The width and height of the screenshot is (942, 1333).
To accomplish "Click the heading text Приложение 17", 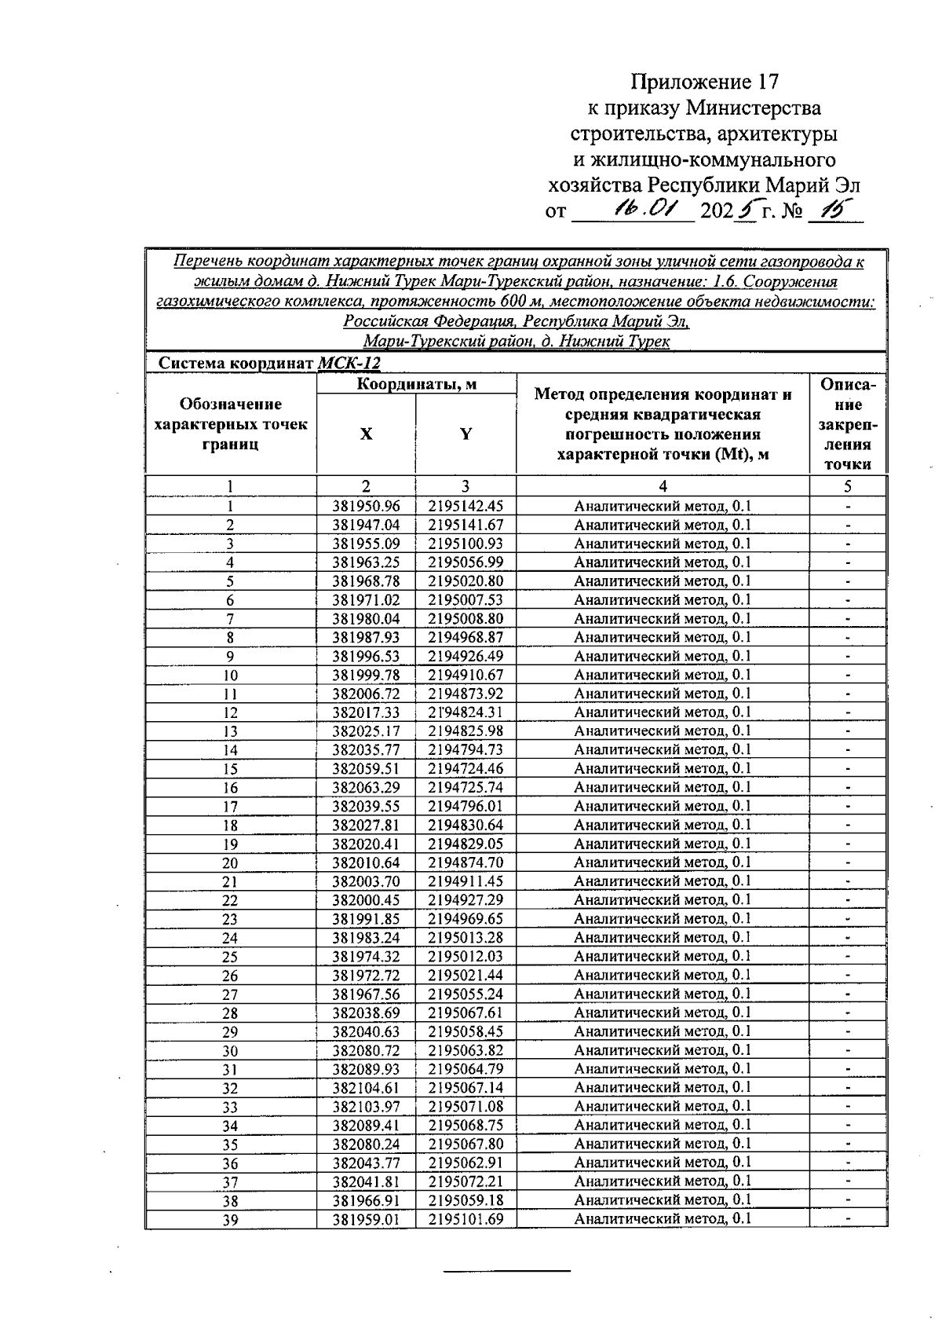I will click(x=705, y=82).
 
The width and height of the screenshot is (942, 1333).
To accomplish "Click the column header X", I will click(x=366, y=434).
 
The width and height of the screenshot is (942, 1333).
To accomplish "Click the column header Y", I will click(x=466, y=434).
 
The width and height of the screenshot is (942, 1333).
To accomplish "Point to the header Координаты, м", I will click(x=417, y=384).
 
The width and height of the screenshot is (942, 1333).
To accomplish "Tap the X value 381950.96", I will click(x=366, y=507).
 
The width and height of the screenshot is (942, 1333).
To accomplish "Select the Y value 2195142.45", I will click(x=466, y=507).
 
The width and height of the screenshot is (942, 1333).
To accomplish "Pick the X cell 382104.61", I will click(x=366, y=1088).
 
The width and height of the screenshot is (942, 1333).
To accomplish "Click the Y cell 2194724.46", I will click(x=466, y=769).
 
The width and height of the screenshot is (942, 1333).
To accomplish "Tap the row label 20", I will click(x=230, y=863).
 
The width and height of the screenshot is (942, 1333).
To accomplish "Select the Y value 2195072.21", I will click(x=466, y=1181).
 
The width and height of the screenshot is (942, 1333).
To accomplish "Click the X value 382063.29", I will click(x=366, y=788).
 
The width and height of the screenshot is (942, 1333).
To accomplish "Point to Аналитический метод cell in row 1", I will click(x=663, y=507).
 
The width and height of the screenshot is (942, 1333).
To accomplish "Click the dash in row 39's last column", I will click(x=848, y=1219).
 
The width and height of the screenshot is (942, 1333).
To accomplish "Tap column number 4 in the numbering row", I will click(x=663, y=486).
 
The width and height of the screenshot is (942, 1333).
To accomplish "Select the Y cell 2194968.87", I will click(x=466, y=638).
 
